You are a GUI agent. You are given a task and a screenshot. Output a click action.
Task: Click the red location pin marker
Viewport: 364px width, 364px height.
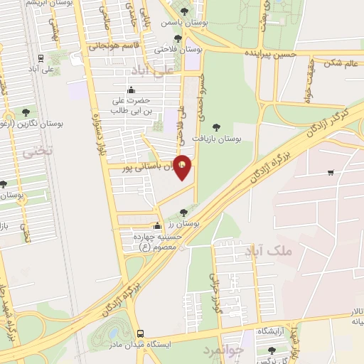[x=183, y=168]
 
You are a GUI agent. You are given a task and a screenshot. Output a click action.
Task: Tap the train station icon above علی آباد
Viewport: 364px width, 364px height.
[x=41, y=58]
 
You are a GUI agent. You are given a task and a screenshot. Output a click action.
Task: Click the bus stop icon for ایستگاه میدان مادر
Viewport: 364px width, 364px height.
[x=140, y=333]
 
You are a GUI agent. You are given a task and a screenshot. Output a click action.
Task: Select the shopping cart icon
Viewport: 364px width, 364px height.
[x=331, y=172]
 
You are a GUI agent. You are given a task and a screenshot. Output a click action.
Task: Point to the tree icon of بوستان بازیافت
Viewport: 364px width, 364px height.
[x=216, y=127]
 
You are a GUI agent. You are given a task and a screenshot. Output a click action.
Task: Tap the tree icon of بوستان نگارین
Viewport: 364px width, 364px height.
[x=26, y=112]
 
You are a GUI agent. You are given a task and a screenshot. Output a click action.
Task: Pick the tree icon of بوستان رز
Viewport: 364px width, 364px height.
[x=183, y=212]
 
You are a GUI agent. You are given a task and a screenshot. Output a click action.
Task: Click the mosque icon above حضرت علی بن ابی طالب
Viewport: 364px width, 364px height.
[x=130, y=90]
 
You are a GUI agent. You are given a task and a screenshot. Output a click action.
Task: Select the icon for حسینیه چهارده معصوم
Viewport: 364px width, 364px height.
[x=157, y=226]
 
